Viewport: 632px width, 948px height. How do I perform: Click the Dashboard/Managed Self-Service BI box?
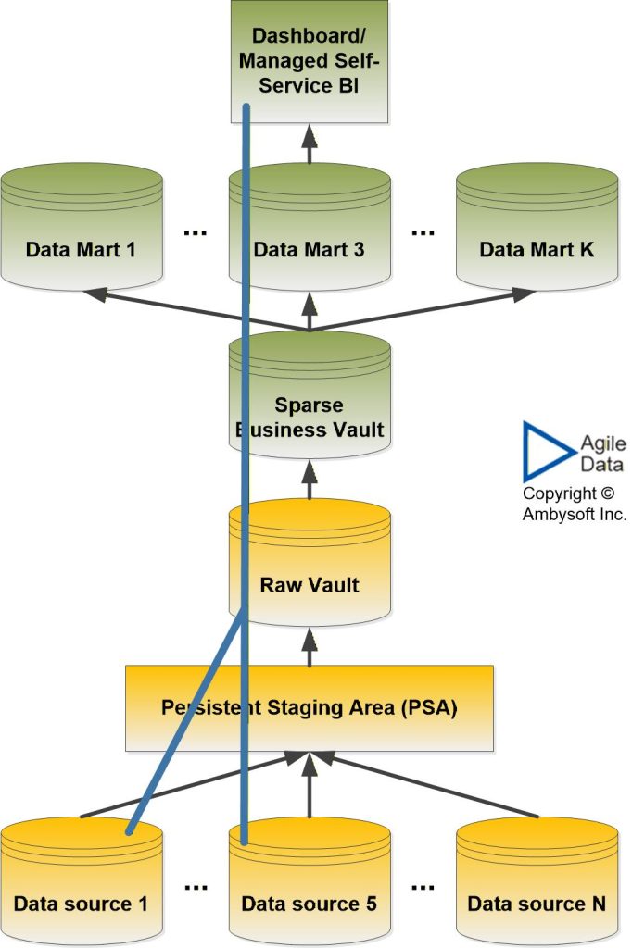pos(310,62)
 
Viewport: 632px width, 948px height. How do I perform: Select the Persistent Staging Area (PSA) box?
pos(310,708)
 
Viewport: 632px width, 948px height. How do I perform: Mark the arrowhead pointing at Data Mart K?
pos(524,294)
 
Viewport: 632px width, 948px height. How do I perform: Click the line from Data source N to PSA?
pos(436,787)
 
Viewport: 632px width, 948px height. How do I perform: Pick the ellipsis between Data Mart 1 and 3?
pos(196,232)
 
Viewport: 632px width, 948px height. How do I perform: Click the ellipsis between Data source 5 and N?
pos(423,886)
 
